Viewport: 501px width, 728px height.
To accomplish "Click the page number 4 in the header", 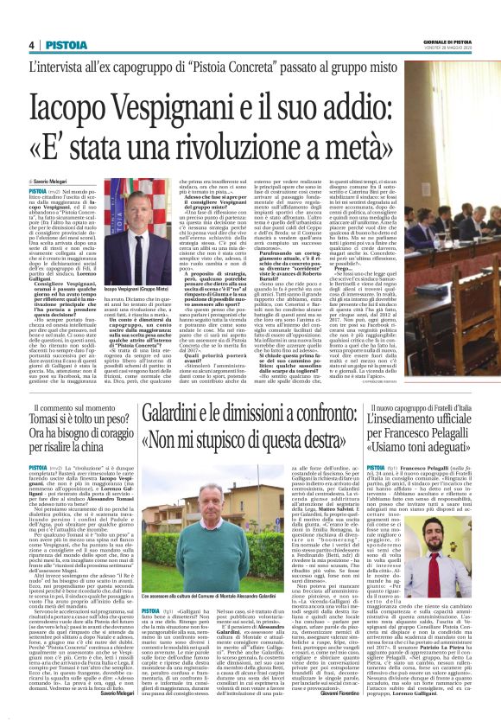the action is [x=32, y=43].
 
